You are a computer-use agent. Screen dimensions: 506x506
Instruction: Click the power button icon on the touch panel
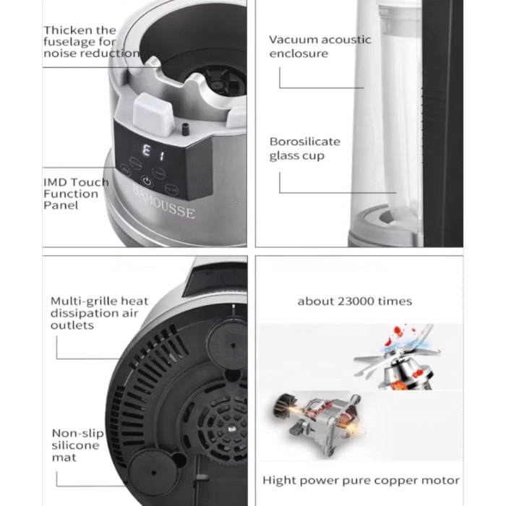[x=147, y=181]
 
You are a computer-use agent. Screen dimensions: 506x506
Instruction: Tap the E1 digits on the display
[x=153, y=153]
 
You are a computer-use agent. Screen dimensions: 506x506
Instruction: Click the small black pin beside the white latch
[x=185, y=130]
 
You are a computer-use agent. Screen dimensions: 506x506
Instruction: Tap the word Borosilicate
[x=305, y=142]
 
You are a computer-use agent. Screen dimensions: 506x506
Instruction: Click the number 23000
[x=356, y=301]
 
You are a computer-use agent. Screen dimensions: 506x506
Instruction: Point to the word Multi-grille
[x=85, y=301]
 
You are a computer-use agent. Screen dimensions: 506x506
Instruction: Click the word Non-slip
[x=78, y=433]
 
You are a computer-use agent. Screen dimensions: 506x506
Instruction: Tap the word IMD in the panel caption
[x=53, y=182]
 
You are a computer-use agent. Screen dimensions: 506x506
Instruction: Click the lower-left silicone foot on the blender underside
[x=153, y=473]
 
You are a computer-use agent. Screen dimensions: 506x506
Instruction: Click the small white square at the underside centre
[x=231, y=429]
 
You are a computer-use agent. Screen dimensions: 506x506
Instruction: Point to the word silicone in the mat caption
[x=75, y=445]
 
